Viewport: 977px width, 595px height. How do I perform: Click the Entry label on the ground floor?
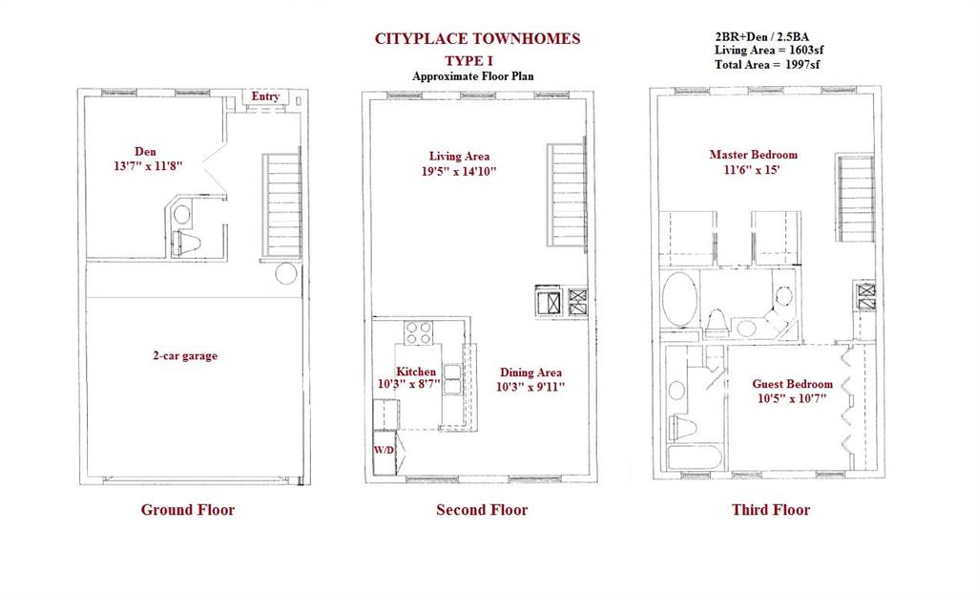click(x=265, y=96)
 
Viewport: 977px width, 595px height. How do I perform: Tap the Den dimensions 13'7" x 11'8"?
click(x=148, y=166)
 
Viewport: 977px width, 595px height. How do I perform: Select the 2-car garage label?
click(x=185, y=355)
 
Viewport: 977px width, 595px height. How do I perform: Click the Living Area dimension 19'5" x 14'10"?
click(x=459, y=172)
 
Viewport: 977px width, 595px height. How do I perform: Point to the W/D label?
click(x=384, y=450)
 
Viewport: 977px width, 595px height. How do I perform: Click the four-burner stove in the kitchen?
click(x=418, y=332)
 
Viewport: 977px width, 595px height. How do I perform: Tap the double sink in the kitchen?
click(x=451, y=380)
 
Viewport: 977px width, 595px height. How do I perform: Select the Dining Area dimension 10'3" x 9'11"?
click(x=530, y=387)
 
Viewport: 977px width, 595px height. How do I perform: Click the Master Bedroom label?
click(x=754, y=155)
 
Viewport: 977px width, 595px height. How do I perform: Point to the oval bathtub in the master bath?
click(x=679, y=299)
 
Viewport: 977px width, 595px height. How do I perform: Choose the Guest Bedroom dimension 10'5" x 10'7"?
click(x=792, y=398)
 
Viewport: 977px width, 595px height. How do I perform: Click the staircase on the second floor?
click(x=567, y=195)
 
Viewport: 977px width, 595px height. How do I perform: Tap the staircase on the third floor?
click(x=856, y=198)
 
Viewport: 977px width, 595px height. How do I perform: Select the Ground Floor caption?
click(x=188, y=510)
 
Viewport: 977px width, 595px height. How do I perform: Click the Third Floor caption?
click(x=771, y=510)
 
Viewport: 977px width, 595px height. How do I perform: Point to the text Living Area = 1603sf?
click(x=769, y=51)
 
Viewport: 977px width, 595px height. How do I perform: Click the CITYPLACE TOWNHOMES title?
click(x=477, y=38)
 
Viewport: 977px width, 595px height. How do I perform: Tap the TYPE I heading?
click(x=468, y=60)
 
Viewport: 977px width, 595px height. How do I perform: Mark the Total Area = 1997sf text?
click(x=767, y=64)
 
